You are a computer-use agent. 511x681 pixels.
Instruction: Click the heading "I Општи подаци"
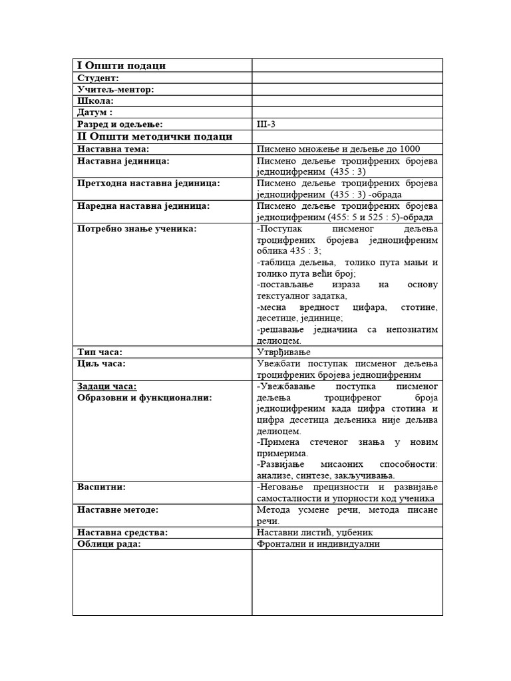tap(121, 65)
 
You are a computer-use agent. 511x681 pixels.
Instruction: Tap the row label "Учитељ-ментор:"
tap(115, 89)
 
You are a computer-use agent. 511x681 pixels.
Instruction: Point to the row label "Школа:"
tap(95, 100)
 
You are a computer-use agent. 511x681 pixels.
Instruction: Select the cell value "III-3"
tap(265, 124)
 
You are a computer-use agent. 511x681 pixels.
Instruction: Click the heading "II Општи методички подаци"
tap(154, 136)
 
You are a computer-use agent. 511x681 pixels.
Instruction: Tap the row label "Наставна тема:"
tap(113, 149)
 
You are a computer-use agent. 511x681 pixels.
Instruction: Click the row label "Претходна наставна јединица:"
tap(148, 183)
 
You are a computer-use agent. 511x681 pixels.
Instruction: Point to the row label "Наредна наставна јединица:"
tap(143, 206)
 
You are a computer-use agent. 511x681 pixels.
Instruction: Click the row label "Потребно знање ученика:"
tap(137, 229)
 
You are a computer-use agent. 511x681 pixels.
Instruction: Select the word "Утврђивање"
tap(283, 352)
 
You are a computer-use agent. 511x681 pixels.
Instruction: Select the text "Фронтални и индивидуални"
tap(318, 544)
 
